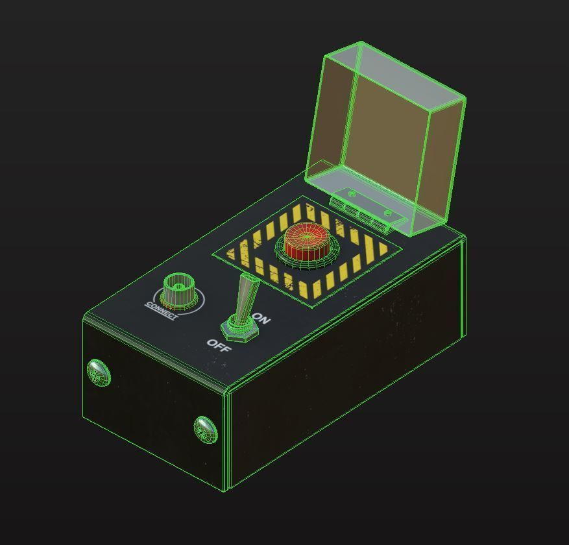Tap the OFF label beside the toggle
219,345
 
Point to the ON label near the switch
261,319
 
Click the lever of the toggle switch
247,295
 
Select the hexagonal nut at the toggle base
239,329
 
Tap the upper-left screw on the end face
99,372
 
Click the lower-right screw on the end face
206,428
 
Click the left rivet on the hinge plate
352,194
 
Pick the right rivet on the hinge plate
388,212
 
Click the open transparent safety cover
389,136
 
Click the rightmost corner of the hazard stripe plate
402,247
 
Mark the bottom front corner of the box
226,490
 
